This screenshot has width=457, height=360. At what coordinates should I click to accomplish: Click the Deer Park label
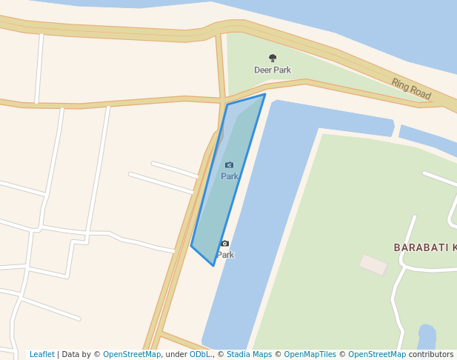pos(273,70)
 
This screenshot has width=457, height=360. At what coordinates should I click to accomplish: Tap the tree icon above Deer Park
pos(273,58)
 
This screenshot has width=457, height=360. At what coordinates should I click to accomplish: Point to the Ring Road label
pos(411,89)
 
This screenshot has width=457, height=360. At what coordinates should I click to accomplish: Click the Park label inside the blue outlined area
pos(230,176)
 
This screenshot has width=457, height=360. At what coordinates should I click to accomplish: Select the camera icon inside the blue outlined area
pos(229,164)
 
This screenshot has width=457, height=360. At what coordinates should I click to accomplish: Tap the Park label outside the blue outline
pos(225,255)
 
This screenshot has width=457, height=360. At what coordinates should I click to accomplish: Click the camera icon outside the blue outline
pos(225,244)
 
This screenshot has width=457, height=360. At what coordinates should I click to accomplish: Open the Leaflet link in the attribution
pos(42,355)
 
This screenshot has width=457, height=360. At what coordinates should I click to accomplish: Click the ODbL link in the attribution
pos(199,355)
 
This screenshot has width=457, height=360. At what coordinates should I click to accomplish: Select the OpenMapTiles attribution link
pos(310,355)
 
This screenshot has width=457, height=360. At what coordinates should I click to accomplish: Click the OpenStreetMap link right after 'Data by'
pos(132,355)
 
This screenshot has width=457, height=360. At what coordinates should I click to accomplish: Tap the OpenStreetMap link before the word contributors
pos(377,355)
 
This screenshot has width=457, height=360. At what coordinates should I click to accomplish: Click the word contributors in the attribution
pos(431,355)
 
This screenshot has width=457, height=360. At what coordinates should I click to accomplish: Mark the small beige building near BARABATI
pos(373,264)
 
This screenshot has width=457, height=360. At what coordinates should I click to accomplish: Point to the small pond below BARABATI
pos(427,336)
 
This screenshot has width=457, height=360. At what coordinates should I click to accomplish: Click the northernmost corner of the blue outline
pos(264,94)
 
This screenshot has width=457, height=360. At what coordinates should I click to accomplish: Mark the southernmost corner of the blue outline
pos(214,266)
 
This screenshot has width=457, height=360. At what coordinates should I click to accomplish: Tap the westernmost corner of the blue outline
pos(191,246)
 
